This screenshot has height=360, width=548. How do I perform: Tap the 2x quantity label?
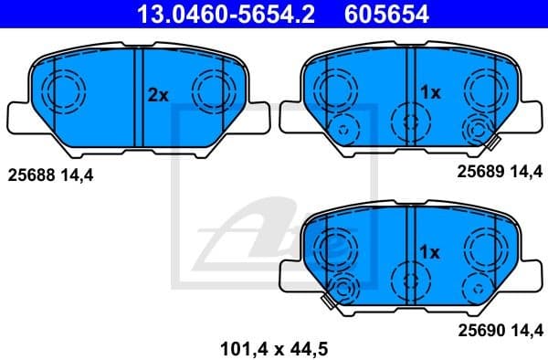pyautogui.click(x=159, y=94)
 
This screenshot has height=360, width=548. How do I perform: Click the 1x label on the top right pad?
pyautogui.click(x=430, y=93)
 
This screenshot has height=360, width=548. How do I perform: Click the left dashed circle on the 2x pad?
pyautogui.click(x=64, y=90)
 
